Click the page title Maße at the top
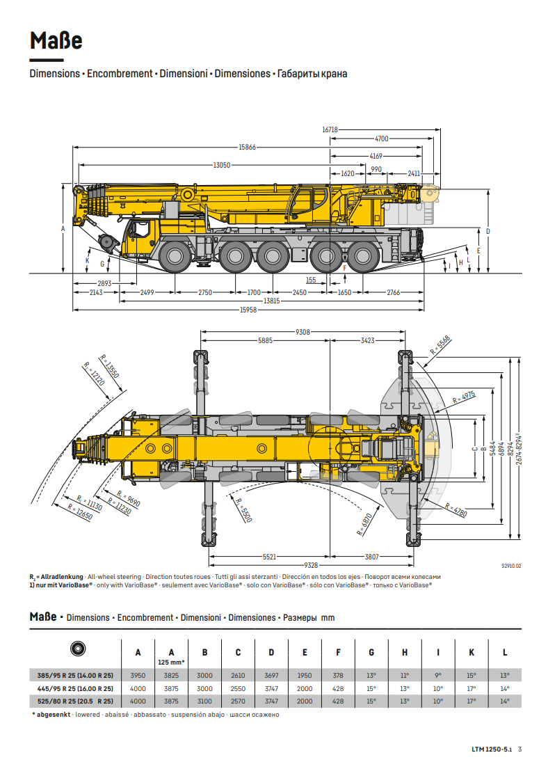click(x=56, y=41)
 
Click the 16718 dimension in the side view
click(x=330, y=129)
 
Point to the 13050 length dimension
click(x=222, y=165)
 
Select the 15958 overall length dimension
click(x=248, y=310)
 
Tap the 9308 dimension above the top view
click(x=303, y=333)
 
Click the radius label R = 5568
click(x=440, y=344)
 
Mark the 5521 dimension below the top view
click(x=269, y=557)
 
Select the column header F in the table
click(x=338, y=653)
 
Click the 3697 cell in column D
click(x=271, y=676)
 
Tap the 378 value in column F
click(x=338, y=676)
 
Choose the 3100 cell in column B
click(x=204, y=701)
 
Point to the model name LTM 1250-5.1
click(x=492, y=749)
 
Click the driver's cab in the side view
click(x=142, y=234)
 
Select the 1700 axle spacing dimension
click(x=254, y=293)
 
